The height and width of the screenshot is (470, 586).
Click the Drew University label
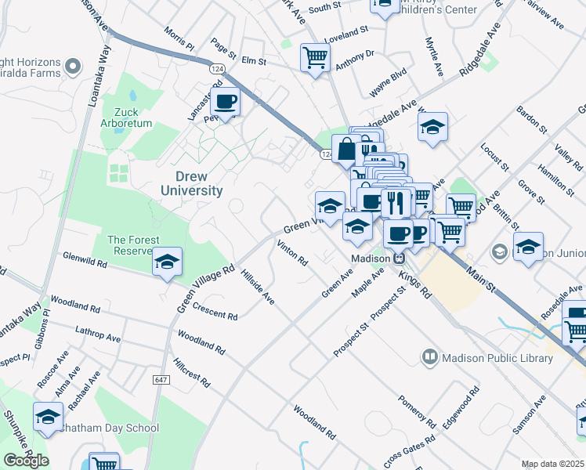point(192,183)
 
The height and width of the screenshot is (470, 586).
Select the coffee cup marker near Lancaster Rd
point(226,102)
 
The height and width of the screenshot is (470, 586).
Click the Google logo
point(26,461)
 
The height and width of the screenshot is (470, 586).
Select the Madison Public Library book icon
point(429,358)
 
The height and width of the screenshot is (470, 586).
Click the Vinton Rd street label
point(292,253)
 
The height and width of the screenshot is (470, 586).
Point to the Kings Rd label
point(414,283)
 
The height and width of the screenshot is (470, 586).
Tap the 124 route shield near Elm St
point(215,70)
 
